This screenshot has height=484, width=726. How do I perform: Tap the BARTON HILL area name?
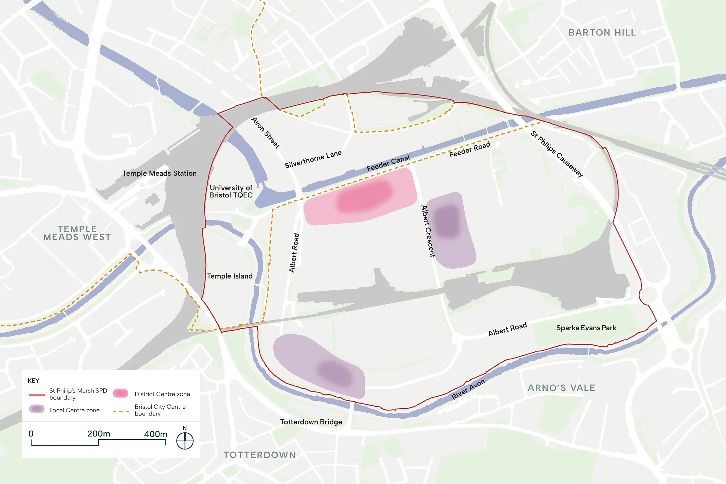602,33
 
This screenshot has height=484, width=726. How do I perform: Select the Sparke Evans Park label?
586,328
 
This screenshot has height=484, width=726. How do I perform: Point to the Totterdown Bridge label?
311,422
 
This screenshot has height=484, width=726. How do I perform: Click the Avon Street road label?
265,133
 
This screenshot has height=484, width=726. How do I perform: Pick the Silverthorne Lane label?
313,159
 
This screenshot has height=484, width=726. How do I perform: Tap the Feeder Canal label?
388,163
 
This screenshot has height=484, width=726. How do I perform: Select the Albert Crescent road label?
428,231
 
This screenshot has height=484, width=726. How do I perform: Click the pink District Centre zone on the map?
361,197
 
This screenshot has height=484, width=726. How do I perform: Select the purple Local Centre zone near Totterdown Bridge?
321,367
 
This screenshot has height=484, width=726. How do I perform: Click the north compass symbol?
185,441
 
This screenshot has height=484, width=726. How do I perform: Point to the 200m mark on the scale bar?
98,434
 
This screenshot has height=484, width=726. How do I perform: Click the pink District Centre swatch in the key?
121,393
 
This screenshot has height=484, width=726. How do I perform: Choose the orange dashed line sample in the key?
121,411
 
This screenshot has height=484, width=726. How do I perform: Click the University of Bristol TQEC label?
231,191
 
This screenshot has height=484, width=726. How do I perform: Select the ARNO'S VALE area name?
561,388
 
